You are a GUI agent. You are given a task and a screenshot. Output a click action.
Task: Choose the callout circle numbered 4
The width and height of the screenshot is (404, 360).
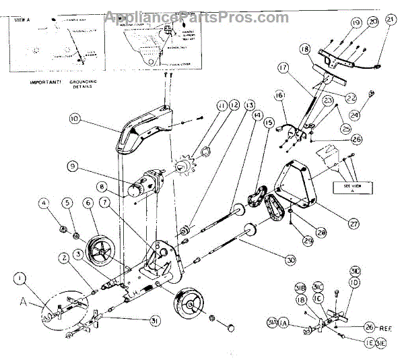[x=44, y=202]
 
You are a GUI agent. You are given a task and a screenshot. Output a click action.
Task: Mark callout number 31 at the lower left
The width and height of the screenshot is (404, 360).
[x=156, y=321]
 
